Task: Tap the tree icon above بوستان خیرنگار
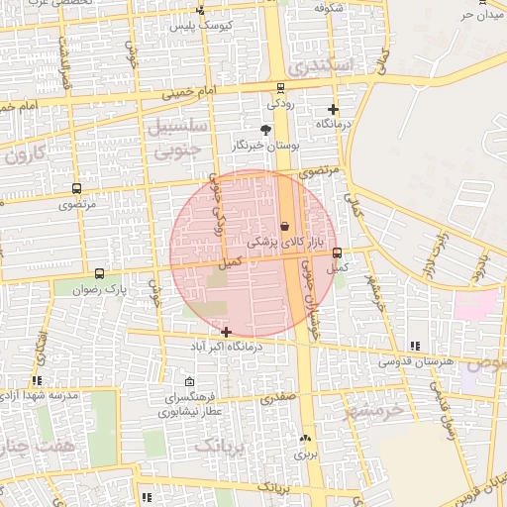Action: (x=265, y=130)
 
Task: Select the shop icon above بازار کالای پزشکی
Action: (x=285, y=226)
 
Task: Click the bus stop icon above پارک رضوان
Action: (x=99, y=273)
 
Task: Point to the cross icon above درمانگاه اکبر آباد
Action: (x=227, y=332)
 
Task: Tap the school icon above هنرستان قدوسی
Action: (x=415, y=346)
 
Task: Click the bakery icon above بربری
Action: (x=305, y=438)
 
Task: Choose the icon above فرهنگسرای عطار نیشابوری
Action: (x=189, y=382)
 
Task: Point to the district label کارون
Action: (x=25, y=155)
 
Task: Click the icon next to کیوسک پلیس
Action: (x=201, y=11)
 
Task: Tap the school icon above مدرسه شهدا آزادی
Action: (x=37, y=380)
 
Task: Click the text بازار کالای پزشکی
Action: (x=285, y=241)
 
